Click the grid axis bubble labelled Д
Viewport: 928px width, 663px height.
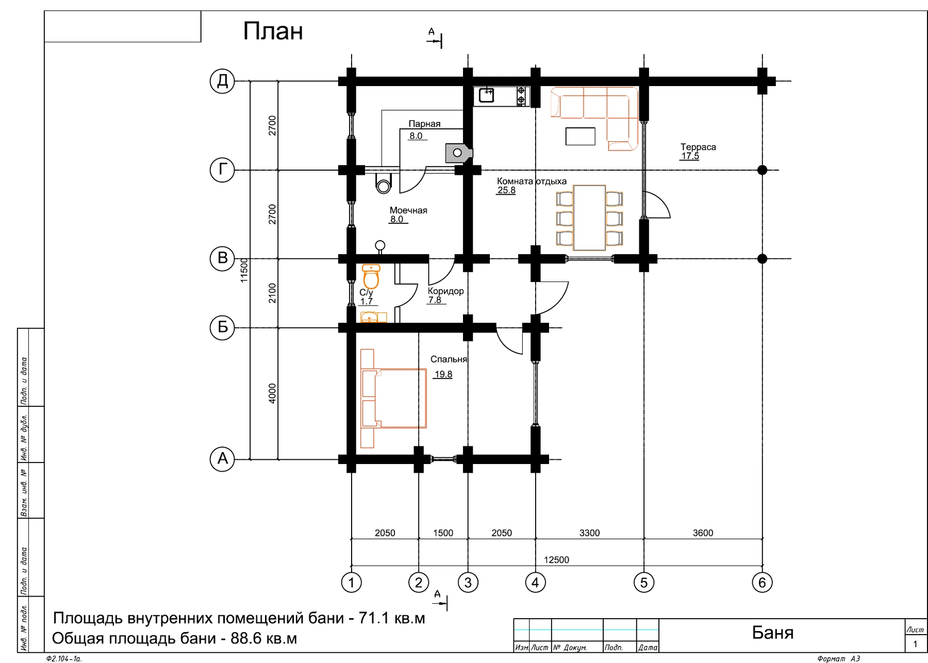coord(222,81)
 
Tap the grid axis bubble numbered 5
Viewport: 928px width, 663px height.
coord(643,583)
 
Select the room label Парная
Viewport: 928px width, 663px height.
coord(424,124)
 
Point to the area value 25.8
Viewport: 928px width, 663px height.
coord(506,190)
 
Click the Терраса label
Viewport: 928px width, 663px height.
coord(698,147)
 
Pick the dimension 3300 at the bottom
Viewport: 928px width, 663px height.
coord(589,533)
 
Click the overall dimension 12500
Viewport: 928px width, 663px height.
coord(556,560)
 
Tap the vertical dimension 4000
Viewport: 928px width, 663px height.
coord(272,393)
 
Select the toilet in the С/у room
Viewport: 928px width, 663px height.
coord(371,276)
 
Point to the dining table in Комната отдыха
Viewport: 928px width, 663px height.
coord(589,218)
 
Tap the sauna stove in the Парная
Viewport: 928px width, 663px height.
coord(458,153)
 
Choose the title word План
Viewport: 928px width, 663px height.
coord(273,31)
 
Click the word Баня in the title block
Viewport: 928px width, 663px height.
coord(772,633)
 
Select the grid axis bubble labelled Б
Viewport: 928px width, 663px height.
coord(222,327)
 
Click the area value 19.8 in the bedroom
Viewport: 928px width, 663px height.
coord(443,374)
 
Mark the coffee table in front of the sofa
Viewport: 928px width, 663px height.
coord(580,136)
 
